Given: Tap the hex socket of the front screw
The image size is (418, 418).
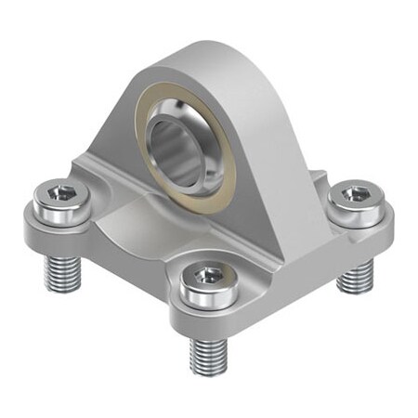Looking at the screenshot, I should point(208,276).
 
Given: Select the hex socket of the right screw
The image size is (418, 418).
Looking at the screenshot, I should point(354,194).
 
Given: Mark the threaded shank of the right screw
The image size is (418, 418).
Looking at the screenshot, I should point(354,272).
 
